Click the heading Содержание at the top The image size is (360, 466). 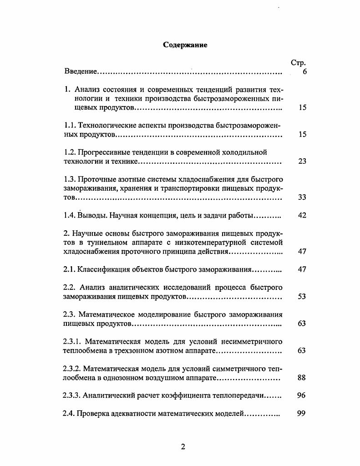pos(185,45)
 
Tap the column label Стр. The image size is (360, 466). pos(298,63)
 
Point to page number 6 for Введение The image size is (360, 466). pos(304,72)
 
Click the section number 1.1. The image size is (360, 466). pos(70,125)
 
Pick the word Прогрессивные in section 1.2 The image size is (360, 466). pos(104,152)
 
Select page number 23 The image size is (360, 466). pos(302,161)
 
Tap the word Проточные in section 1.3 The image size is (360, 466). pos(99,179)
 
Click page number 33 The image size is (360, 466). pos(302,197)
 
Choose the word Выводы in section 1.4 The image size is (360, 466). pos(91,215)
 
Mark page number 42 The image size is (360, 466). pos(302,215)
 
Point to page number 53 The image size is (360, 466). pos(302,297)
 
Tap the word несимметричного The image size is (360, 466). pos(253,341)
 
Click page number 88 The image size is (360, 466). pos(302,378)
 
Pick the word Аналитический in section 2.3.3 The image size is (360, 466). pos(109,395)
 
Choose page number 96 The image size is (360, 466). pos(302,395)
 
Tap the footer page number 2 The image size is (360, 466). pos(183,447)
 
